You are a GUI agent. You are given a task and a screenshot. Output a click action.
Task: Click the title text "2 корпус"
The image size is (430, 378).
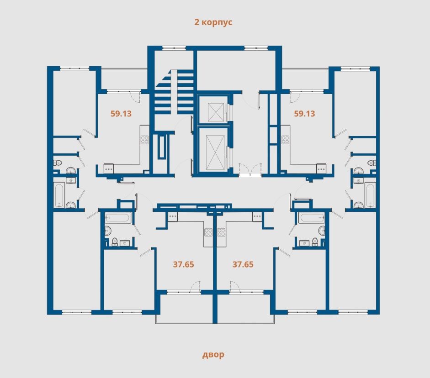click(x=213, y=22)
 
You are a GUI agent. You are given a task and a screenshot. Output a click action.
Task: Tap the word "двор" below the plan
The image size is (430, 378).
click(x=213, y=354)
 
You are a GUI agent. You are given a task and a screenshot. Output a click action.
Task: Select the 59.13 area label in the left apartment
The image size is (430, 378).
click(x=121, y=113)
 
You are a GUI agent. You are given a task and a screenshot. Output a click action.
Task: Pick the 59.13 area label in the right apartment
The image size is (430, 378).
click(x=304, y=113)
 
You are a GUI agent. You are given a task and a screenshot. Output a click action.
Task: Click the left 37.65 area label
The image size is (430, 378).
click(x=183, y=264)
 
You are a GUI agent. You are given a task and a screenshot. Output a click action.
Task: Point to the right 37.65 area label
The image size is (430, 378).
click(x=243, y=264)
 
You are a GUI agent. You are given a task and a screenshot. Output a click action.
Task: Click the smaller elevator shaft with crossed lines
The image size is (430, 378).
click(x=216, y=112)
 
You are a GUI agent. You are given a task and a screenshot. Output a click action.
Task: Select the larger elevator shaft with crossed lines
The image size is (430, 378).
click(x=215, y=152)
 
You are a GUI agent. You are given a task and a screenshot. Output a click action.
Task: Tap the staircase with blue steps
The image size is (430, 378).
click(x=174, y=92)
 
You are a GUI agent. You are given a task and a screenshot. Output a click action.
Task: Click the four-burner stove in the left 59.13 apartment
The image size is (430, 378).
click(x=144, y=140)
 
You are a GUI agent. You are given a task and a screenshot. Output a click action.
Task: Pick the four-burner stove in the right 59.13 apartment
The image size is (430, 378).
click(x=285, y=140)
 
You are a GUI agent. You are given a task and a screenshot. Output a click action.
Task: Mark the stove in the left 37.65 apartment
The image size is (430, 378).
click(x=208, y=232)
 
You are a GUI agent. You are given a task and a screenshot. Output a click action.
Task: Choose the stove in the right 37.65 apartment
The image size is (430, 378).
click(x=221, y=232)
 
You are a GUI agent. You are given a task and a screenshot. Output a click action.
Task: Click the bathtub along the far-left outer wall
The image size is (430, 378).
click(x=59, y=195)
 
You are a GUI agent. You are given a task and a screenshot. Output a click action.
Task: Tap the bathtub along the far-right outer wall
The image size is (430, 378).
click(x=369, y=195)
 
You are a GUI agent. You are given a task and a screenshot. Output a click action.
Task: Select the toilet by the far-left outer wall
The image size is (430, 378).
click(x=57, y=163)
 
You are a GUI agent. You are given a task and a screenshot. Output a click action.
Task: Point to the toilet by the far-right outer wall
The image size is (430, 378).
click(x=372, y=163)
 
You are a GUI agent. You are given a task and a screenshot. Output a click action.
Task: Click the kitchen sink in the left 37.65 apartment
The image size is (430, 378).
click(x=173, y=217)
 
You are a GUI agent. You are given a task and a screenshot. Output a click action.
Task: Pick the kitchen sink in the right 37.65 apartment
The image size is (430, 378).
click(x=257, y=217)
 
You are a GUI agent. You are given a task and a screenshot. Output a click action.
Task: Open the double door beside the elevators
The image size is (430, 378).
click(x=250, y=169)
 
